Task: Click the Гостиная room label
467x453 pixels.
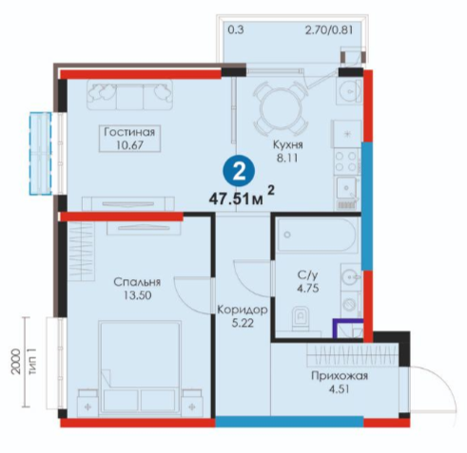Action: coord(129,132)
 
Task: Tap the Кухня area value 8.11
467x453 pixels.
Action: coord(287,158)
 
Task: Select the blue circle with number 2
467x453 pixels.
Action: coord(239,173)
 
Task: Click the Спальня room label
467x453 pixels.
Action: coord(137,282)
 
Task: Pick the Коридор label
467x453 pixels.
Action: coord(243,311)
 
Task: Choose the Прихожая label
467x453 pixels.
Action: coord(340,376)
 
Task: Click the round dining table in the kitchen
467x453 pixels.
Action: coord(281,107)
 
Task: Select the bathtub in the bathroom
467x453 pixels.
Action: coord(317,235)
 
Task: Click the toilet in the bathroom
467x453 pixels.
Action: coord(301,318)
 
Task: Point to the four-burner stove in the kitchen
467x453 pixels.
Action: coord(346,161)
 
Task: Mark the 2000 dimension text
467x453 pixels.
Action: coord(15,362)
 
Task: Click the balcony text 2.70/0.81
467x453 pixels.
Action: coord(329,30)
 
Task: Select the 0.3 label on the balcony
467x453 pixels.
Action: coord(236,30)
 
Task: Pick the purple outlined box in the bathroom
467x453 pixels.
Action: coord(348,329)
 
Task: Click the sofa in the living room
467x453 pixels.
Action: coord(129,95)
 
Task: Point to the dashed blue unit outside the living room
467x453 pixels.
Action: coord(40,153)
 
